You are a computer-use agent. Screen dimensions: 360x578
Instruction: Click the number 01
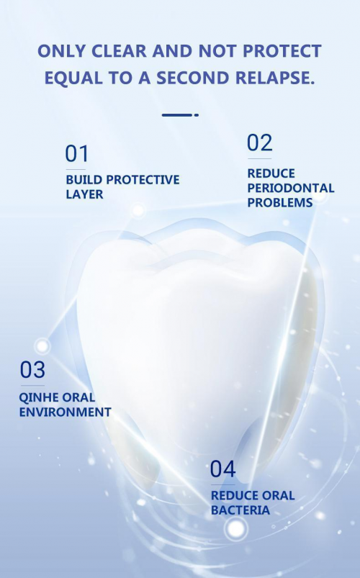pos(77,154)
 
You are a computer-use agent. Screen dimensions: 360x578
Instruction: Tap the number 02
pos(260,143)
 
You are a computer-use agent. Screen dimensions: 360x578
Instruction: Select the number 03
pos(32,370)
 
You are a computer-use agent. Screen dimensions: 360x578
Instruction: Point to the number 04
pos(222,469)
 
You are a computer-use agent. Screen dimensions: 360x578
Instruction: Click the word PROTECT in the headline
pos(282,51)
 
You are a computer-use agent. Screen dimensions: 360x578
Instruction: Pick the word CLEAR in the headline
pos(119,51)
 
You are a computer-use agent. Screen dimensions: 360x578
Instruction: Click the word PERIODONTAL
pos(291,188)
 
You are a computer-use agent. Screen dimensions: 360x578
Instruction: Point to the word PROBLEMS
pos(280,202)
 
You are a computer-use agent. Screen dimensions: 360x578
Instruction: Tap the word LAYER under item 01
pos(84,194)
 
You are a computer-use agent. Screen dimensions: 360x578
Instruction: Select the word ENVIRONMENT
pos(65,412)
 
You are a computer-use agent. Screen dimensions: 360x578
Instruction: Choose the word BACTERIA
pos(240,510)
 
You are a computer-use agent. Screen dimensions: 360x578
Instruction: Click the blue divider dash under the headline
pos(180,115)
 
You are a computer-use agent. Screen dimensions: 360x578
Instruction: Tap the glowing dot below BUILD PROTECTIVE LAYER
pos(138,210)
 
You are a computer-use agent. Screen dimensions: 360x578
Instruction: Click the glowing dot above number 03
pos(42,346)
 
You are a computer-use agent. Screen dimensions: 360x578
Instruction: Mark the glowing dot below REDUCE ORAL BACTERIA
pos(236,529)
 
